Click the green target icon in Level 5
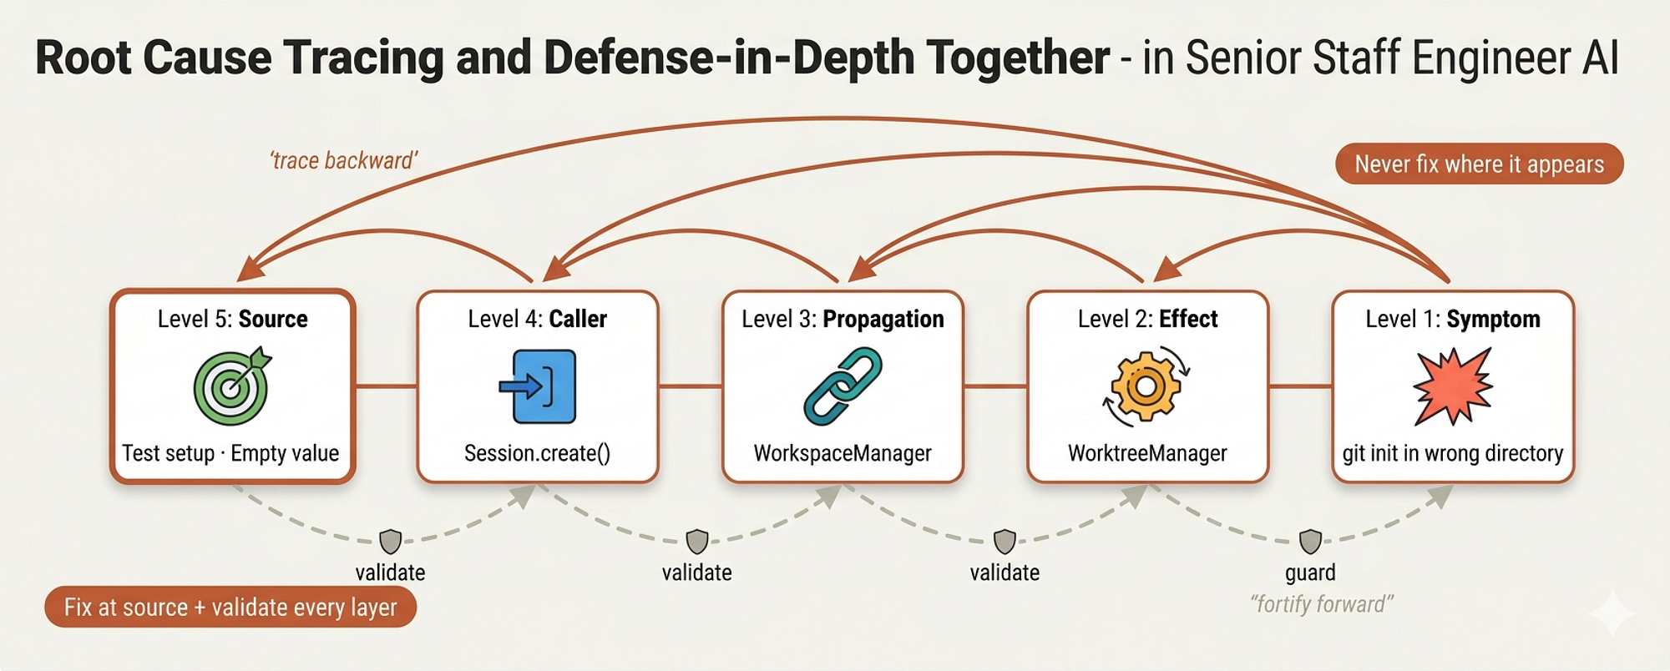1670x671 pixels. pyautogui.click(x=232, y=386)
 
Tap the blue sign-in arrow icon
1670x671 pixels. pyautogui.click(x=538, y=386)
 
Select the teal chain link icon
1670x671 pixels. pyautogui.click(x=843, y=386)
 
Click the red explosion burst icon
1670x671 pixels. pyautogui.click(x=1453, y=386)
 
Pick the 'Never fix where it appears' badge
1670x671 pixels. pyautogui.click(x=1480, y=164)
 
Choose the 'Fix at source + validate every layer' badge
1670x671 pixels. pyautogui.click(x=230, y=607)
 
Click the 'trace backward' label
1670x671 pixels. pyautogui.click(x=343, y=160)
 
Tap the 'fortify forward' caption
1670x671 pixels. pyautogui.click(x=1322, y=603)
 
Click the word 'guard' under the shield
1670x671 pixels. pyautogui.click(x=1310, y=573)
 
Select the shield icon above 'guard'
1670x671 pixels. pyautogui.click(x=1311, y=542)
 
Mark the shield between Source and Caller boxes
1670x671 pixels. pyautogui.click(x=390, y=542)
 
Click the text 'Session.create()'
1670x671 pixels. pyautogui.click(x=538, y=453)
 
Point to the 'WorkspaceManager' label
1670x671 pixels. pyautogui.click(x=843, y=453)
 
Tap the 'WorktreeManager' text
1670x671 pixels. pyautogui.click(x=1147, y=453)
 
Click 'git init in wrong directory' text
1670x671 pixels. pyautogui.click(x=1453, y=453)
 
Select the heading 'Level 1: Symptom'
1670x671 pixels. pyautogui.click(x=1453, y=319)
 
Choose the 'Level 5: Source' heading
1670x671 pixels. pyautogui.click(x=232, y=319)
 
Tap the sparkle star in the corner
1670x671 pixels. pyautogui.click(x=1612, y=613)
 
